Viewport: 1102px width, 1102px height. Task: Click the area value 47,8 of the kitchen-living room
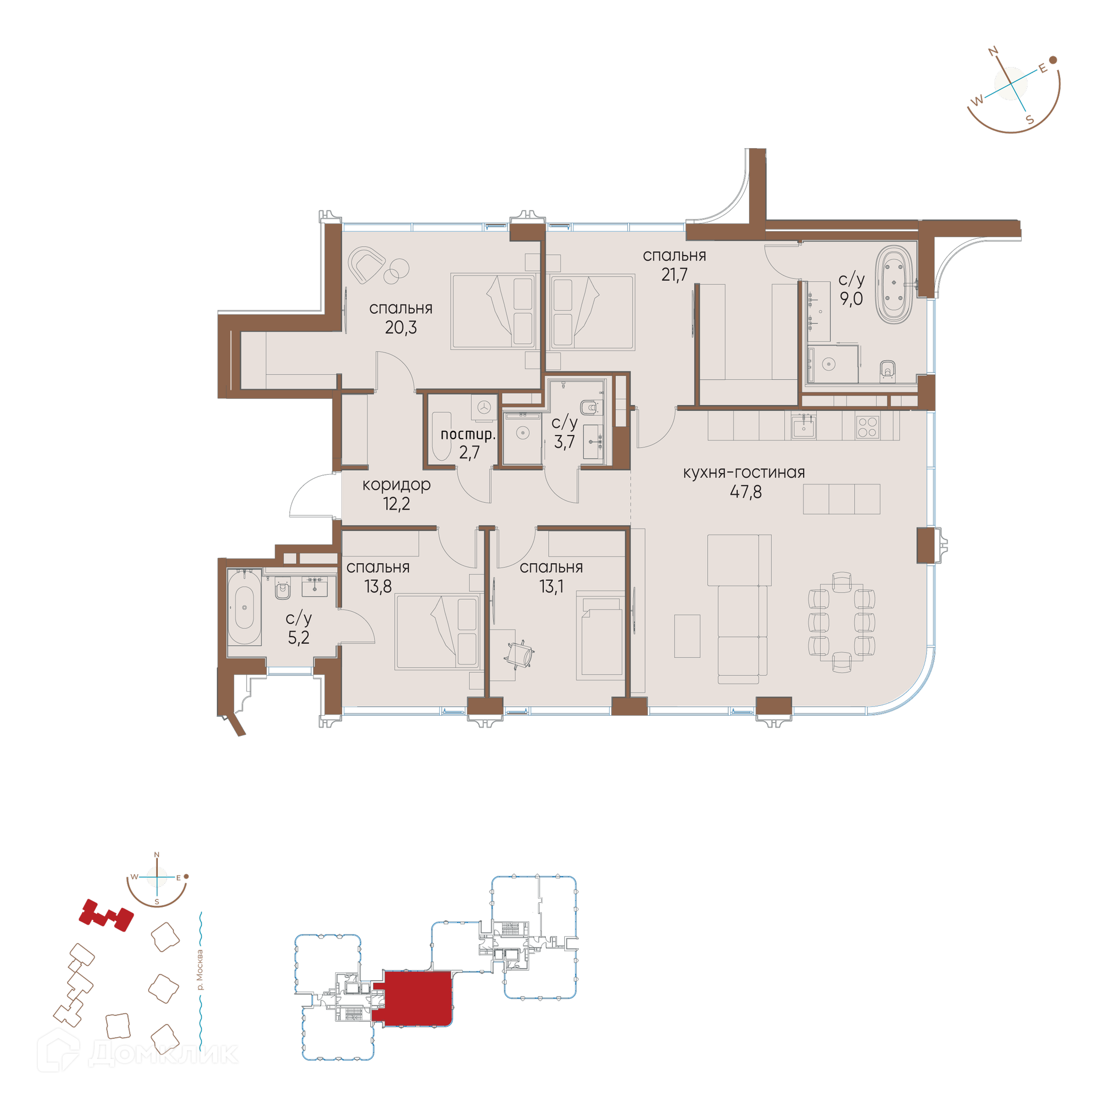point(746,492)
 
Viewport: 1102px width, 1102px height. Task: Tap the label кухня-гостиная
point(744,472)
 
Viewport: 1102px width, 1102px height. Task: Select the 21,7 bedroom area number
point(674,275)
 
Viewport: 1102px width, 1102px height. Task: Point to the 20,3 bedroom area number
point(401,328)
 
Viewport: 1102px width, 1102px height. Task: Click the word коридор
point(397,485)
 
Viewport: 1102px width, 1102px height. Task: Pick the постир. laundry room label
point(468,434)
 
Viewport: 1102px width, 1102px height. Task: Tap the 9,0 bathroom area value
point(851,298)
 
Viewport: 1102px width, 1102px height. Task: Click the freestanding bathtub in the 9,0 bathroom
point(894,285)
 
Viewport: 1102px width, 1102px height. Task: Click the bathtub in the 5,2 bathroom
point(245,607)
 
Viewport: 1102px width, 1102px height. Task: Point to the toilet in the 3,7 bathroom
point(589,407)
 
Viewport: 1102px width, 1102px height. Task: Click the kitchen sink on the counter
point(804,426)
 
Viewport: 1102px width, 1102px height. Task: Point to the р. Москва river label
point(200,970)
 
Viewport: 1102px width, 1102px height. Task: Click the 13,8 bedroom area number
point(378,587)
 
